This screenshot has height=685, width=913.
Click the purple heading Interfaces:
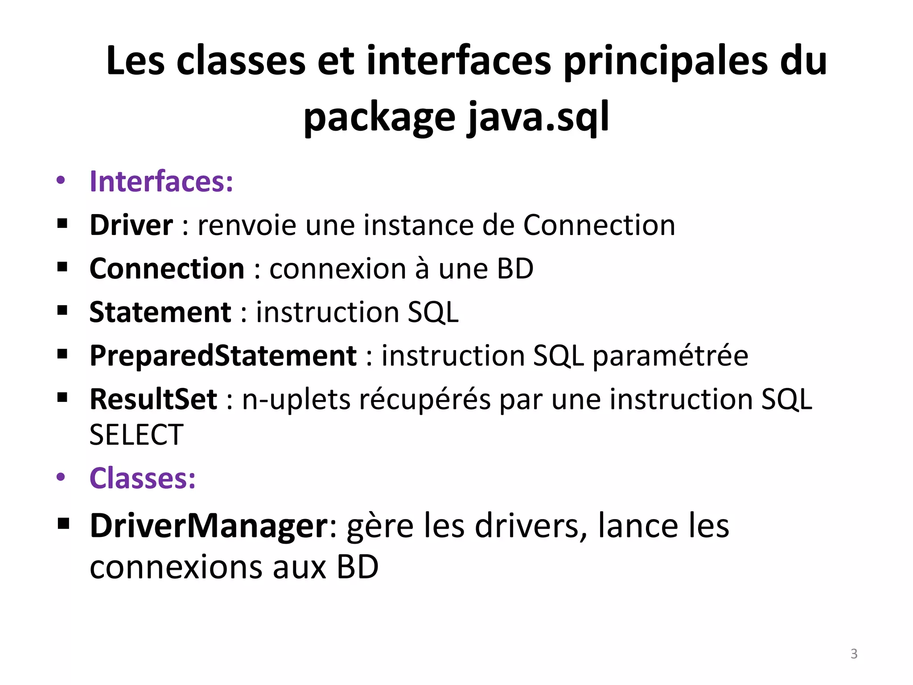[161, 182]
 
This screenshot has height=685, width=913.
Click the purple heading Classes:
[143, 479]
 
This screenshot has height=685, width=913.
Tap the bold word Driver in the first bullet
[131, 225]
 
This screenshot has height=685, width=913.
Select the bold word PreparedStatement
[223, 356]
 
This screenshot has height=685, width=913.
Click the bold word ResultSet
[153, 399]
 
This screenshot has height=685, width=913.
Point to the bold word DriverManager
[209, 526]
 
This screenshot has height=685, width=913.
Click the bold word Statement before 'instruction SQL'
[160, 312]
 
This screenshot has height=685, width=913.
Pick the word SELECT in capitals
[136, 435]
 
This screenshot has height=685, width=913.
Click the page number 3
[854, 654]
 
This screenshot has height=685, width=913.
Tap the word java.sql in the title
[538, 117]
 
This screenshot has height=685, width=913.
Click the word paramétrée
[670, 356]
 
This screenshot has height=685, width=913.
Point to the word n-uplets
[296, 399]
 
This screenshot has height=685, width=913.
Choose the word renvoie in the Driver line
[247, 225]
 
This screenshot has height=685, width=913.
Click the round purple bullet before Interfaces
[61, 181]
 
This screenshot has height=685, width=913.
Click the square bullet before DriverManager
[63, 524]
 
